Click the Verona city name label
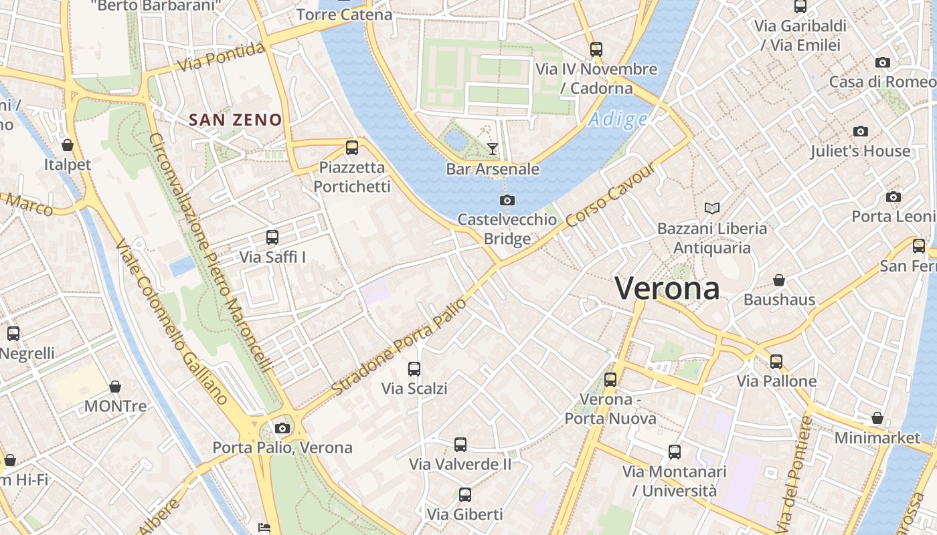click(667, 288)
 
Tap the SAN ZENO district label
click(235, 120)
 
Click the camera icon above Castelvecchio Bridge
click(507, 200)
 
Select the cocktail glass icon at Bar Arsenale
click(493, 148)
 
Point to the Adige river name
click(618, 120)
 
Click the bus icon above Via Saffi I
click(272, 237)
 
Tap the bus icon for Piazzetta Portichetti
click(352, 148)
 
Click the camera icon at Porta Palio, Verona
click(282, 428)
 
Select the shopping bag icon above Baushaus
click(779, 280)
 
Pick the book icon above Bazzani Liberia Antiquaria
click(711, 209)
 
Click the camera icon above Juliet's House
click(861, 131)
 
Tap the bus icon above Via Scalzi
click(414, 368)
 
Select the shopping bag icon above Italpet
click(68, 145)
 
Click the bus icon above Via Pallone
click(776, 362)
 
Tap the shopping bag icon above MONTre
click(115, 387)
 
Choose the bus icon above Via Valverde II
click(460, 444)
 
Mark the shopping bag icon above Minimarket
click(877, 418)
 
